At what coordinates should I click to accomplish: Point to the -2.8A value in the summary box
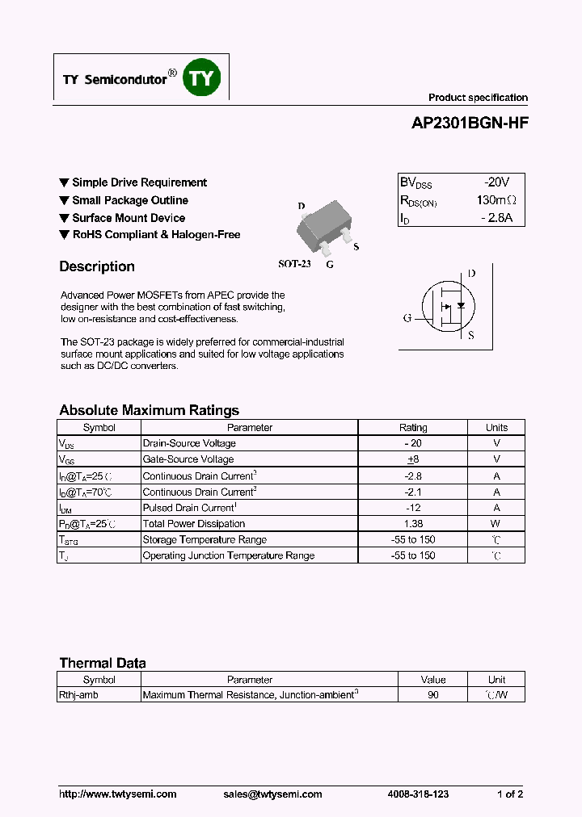496,218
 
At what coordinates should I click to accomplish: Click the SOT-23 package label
294,264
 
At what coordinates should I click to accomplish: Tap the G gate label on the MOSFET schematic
407,317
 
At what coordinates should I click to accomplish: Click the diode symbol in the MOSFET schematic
461,305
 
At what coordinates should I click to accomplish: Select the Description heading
97,266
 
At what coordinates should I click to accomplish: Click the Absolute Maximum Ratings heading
149,410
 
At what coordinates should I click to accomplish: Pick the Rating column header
413,428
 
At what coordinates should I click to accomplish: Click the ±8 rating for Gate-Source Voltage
413,459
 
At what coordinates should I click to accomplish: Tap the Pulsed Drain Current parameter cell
190,508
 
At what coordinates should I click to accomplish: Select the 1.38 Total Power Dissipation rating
413,524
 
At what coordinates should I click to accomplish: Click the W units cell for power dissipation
496,524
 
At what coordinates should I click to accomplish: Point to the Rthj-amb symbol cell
79,695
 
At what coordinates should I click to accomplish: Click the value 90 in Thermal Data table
433,695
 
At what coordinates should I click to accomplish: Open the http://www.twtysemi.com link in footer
118,794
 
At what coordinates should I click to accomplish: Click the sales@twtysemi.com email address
272,794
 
